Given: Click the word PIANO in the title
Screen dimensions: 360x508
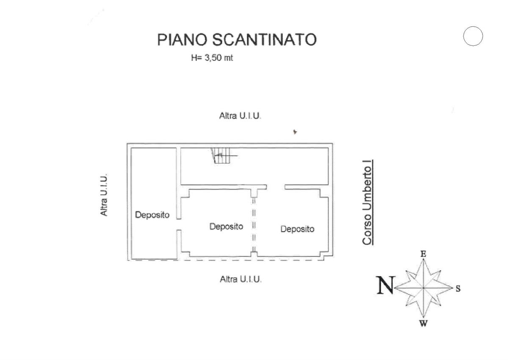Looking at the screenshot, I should point(182,39).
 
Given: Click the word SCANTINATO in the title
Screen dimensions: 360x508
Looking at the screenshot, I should point(263,39).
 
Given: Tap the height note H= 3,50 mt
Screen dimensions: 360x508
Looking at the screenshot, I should point(212,58).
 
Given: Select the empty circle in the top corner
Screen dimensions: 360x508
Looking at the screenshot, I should point(473,36).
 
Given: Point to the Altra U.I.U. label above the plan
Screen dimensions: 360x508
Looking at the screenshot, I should point(240,116).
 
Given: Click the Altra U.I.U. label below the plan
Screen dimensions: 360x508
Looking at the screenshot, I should point(240,279).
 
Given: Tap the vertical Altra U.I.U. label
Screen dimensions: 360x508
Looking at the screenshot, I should point(104,194).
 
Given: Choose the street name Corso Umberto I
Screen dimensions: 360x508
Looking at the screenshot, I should point(367,202).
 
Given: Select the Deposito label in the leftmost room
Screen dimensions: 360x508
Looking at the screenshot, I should point(152,215).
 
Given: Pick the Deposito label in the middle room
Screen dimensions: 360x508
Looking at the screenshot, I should point(226,227).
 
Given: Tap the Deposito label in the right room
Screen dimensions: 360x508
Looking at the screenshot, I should point(297,229).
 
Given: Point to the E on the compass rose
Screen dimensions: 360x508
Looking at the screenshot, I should point(423,254).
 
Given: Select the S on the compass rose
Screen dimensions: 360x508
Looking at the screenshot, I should point(458,289).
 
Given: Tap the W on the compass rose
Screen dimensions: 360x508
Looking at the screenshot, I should point(423,324).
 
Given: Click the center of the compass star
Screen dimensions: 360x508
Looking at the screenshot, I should point(423,288).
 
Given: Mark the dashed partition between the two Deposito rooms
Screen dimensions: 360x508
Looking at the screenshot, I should point(254,224).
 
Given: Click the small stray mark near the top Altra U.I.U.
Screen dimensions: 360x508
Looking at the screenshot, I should point(295,132).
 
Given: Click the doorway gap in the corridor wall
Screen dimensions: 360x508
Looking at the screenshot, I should point(276,187).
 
